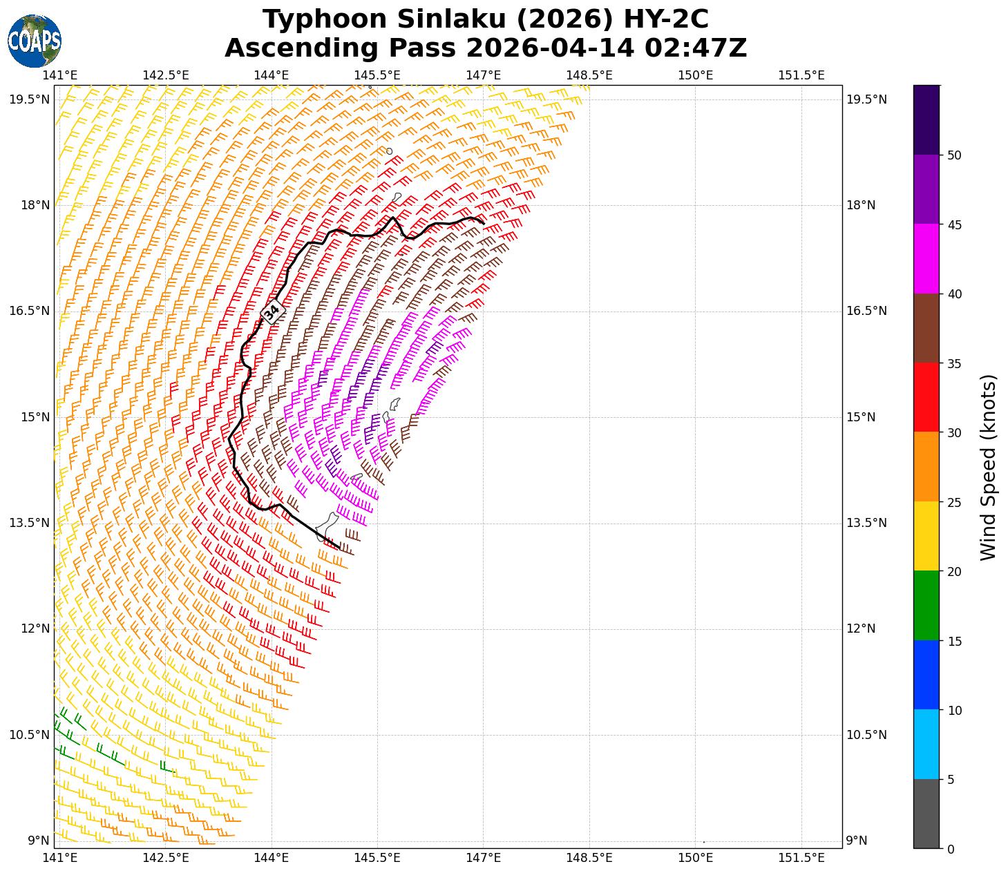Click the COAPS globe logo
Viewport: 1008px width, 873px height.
pyautogui.click(x=35, y=41)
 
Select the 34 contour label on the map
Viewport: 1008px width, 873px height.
pyautogui.click(x=272, y=312)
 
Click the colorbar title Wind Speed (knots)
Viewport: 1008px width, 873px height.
pyautogui.click(x=989, y=467)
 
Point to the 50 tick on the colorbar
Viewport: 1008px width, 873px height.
pyautogui.click(x=954, y=155)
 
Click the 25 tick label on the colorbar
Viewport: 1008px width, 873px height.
pyautogui.click(x=954, y=502)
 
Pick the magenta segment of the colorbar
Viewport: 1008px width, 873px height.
pyautogui.click(x=926, y=258)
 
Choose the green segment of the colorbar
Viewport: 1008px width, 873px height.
pyautogui.click(x=926, y=605)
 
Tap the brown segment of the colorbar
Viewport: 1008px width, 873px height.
pyautogui.click(x=926, y=328)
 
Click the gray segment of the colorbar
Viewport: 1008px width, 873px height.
pyautogui.click(x=926, y=813)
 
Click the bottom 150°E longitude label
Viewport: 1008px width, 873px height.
pyautogui.click(x=695, y=858)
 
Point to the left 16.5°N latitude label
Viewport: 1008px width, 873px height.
pyautogui.click(x=29, y=311)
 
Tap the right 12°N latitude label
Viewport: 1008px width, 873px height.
pyautogui.click(x=861, y=629)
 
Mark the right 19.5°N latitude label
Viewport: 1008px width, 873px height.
pyautogui.click(x=866, y=99)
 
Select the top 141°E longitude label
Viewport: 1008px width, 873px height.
pyautogui.click(x=60, y=75)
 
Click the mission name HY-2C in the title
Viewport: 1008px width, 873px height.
pyautogui.click(x=666, y=19)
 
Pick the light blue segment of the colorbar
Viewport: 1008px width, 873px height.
pyautogui.click(x=926, y=744)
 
